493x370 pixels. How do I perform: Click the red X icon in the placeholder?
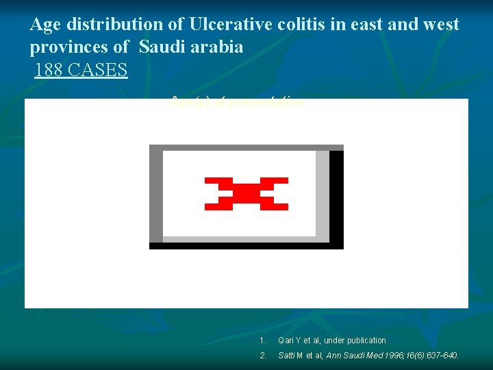click(x=246, y=193)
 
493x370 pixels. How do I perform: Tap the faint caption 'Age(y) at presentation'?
click(x=237, y=103)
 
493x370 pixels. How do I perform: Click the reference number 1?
click(x=262, y=341)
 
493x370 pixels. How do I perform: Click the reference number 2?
click(x=262, y=356)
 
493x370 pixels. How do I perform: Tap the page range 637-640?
click(x=442, y=356)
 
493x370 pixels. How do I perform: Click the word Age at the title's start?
click(x=45, y=25)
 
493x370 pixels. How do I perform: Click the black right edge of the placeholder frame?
click(x=336, y=197)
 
